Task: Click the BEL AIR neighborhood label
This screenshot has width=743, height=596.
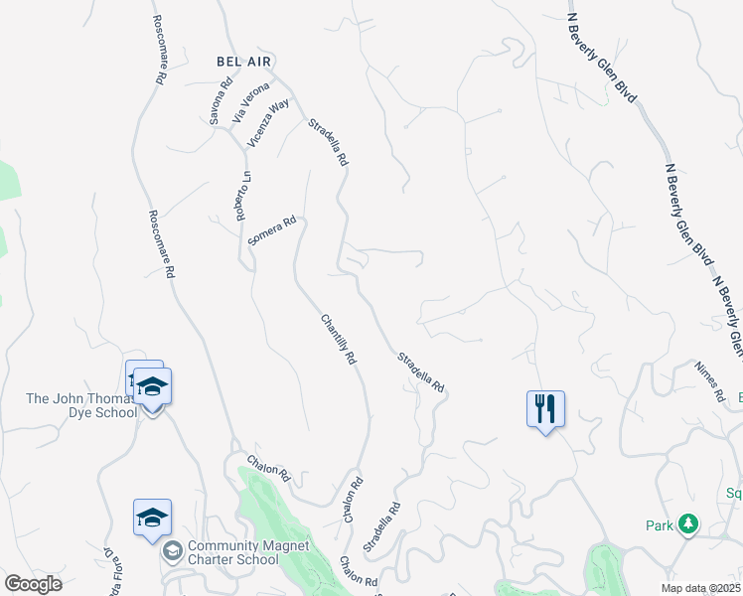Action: [242, 61]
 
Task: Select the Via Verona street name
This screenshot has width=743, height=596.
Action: [250, 102]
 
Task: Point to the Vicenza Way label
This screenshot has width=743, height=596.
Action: [268, 123]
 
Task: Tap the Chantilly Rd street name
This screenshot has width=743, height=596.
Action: [338, 339]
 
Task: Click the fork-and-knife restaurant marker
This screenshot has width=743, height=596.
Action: [545, 408]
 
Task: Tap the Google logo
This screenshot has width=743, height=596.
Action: [33, 584]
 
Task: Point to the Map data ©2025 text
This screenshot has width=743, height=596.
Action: [699, 588]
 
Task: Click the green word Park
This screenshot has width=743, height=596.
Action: [656, 524]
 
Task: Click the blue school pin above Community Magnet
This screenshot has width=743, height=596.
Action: [152, 518]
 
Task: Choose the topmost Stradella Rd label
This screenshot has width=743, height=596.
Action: [328, 142]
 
